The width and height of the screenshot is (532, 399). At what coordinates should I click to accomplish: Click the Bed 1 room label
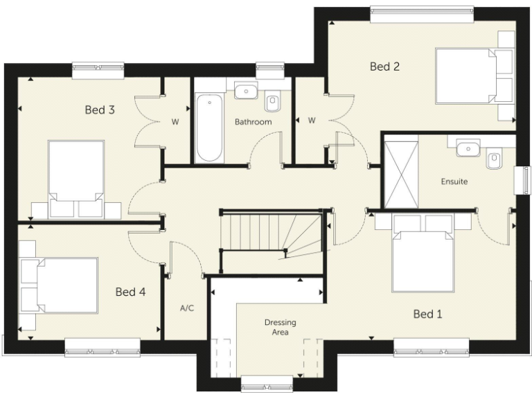coord(427,314)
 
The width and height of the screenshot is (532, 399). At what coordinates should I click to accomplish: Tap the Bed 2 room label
coord(384,66)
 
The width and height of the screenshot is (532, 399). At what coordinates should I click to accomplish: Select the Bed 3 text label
coord(100,109)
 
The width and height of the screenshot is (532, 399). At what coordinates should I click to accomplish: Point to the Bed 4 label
coord(130,292)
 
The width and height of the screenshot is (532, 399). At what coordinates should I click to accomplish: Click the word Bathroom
coord(253,122)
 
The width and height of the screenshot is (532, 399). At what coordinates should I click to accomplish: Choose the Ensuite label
coord(454,182)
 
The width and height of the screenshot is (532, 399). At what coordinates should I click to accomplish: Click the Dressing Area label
coord(281,327)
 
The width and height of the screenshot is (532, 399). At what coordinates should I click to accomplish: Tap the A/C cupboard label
coord(186,308)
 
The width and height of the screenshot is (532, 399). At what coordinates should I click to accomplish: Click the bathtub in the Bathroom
coord(208,128)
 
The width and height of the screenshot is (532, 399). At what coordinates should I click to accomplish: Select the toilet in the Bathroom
coord(273,103)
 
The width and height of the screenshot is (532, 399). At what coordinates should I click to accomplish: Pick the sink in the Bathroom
coord(245,90)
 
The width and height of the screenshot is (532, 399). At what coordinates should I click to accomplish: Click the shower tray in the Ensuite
coord(402,174)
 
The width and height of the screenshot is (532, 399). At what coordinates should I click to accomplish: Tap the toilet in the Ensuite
coord(495,160)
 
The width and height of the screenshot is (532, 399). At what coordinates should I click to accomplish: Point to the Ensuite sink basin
coord(468,147)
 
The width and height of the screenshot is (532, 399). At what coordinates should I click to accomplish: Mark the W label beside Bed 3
coord(175,122)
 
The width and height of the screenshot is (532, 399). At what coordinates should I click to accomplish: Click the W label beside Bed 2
coord(312,121)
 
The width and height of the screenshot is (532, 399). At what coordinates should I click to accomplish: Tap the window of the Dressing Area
coord(267,383)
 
